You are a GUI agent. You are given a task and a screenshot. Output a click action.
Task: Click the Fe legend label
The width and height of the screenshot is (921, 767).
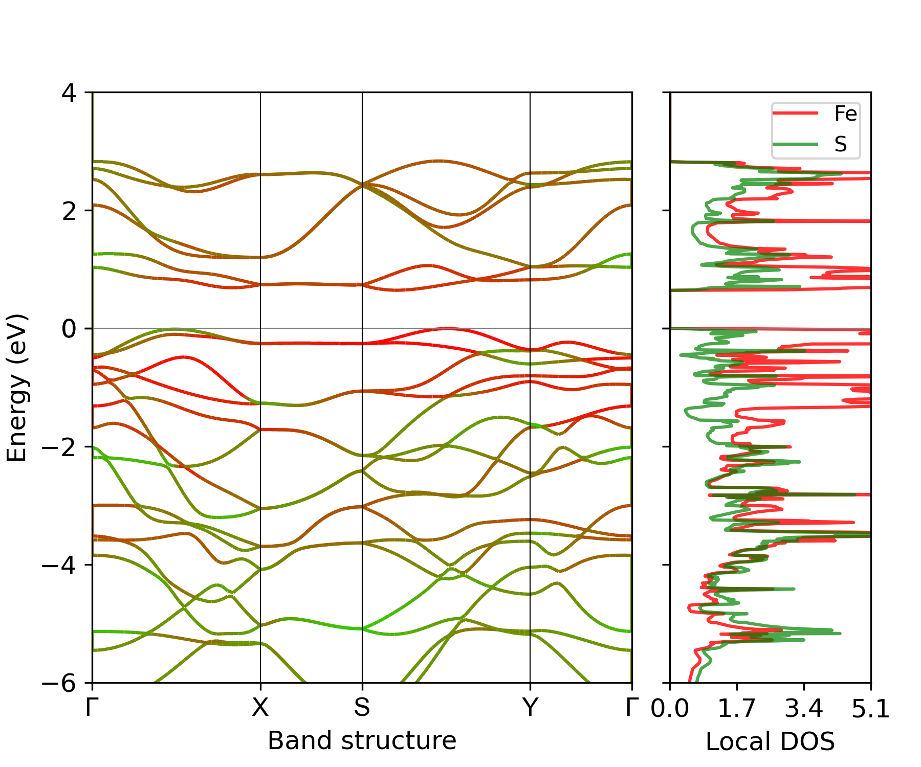pos(845,114)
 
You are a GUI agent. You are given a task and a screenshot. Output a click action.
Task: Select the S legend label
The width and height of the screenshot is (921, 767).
pos(840,144)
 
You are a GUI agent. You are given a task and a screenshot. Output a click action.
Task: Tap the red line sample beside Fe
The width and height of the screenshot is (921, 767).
pos(795,114)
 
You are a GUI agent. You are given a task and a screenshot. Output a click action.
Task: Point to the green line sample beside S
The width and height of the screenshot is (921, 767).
pos(795,144)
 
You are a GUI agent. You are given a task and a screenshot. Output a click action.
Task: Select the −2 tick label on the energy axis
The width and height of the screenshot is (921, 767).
pos(60,447)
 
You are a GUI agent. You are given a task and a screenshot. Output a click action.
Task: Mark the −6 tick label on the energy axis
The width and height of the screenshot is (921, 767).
pos(60,683)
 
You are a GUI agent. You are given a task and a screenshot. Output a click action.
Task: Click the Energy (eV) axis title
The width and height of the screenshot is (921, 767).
pos(16,388)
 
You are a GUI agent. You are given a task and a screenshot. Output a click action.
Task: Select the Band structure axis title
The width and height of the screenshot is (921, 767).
pos(362,741)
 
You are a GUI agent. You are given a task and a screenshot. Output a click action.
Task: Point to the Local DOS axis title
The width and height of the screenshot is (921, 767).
pos(770,742)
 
